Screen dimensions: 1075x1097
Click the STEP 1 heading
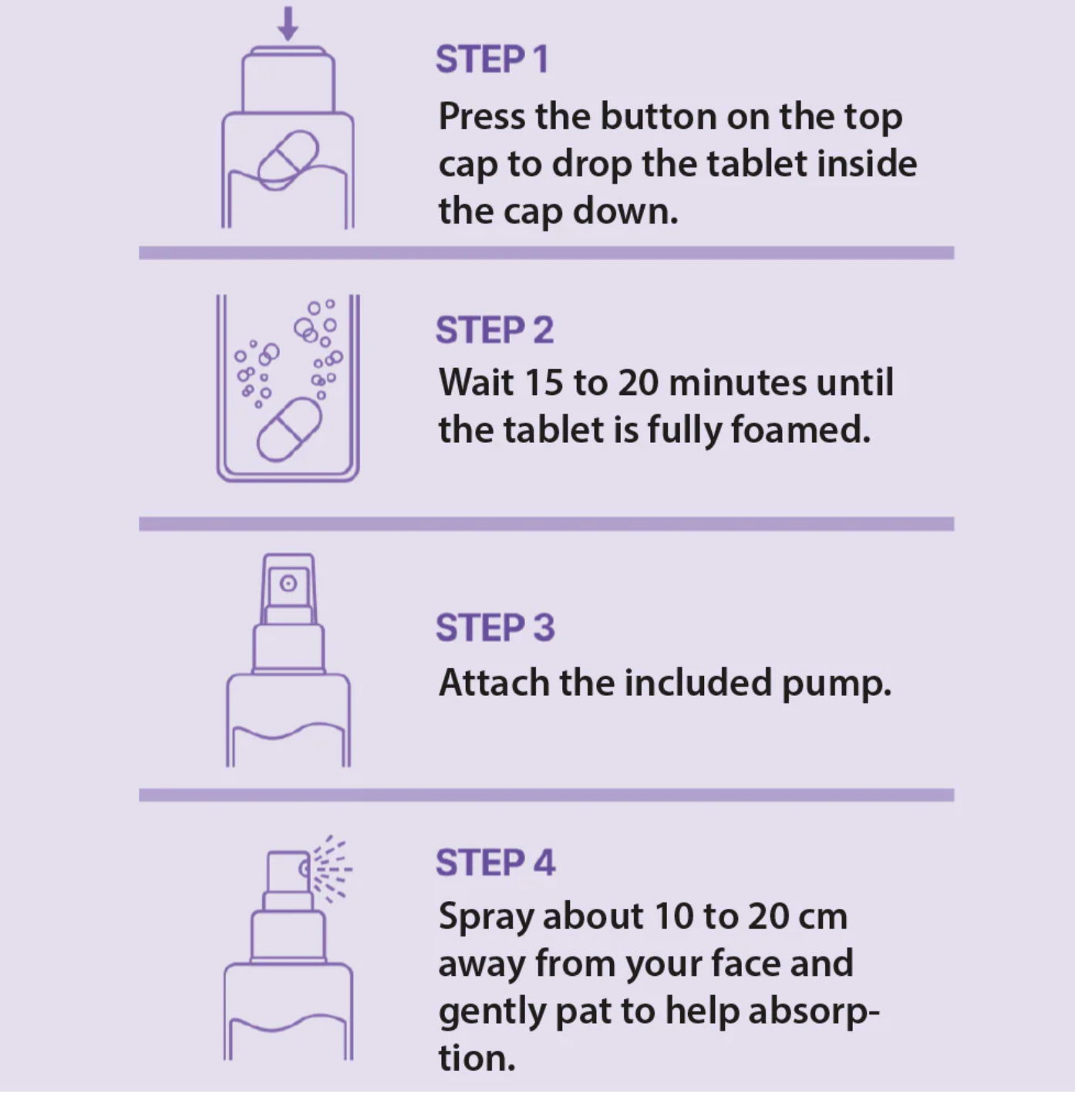[x=492, y=59]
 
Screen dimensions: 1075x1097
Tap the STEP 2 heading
[x=494, y=330]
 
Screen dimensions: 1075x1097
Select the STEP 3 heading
[x=495, y=627]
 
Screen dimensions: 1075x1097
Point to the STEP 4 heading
[x=495, y=862]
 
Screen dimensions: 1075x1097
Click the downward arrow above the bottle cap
[x=288, y=23]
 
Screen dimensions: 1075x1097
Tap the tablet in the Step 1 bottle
[x=288, y=160]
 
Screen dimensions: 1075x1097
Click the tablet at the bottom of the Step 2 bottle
[x=289, y=429]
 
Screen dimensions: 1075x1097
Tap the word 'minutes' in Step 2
[x=738, y=382]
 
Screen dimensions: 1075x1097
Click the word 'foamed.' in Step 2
[x=800, y=429]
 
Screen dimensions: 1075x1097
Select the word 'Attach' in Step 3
[x=494, y=682]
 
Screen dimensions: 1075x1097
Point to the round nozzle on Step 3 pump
[x=288, y=583]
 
